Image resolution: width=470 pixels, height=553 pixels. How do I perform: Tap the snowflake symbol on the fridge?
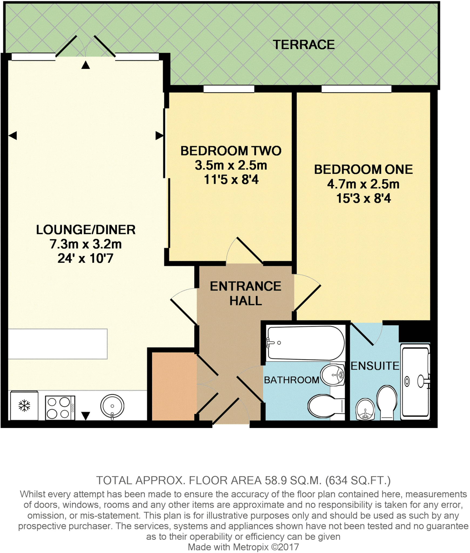[24, 406]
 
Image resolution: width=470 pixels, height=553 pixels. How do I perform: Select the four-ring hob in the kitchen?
[60, 408]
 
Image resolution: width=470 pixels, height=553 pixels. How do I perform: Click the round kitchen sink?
[112, 406]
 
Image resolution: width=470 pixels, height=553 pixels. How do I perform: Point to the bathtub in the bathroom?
[305, 343]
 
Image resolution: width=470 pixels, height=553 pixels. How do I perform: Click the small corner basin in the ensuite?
[365, 409]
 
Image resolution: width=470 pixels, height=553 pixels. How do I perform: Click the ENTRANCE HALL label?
[245, 293]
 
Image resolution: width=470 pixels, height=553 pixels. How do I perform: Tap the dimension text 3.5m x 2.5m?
[231, 165]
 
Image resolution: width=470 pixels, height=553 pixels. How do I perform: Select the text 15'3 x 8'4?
[363, 198]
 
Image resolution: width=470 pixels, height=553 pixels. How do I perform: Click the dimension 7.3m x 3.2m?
[85, 244]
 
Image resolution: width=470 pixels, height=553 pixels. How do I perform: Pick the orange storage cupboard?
[174, 386]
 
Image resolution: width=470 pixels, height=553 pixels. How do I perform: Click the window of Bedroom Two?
[229, 89]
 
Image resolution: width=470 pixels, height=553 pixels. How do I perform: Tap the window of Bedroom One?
[356, 89]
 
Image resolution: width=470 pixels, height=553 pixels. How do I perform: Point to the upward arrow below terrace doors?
[86, 65]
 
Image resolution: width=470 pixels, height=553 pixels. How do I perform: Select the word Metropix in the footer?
[251, 547]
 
